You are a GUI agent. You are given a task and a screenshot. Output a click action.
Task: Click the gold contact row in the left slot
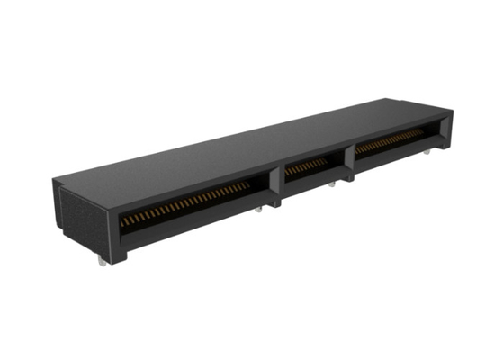point(184,203)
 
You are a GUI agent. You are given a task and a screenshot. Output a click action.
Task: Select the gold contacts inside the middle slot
point(307,166)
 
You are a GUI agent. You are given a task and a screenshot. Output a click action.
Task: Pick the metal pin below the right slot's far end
point(426,154)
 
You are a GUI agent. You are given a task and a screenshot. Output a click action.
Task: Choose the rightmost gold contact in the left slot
point(247,185)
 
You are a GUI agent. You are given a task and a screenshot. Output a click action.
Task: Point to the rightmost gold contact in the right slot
point(423,130)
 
